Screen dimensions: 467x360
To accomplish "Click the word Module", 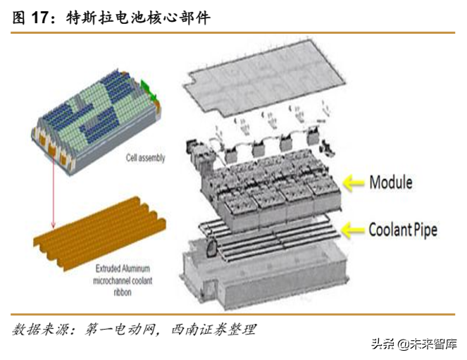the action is click(391, 182).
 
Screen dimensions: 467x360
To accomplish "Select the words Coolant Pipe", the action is click(403, 230).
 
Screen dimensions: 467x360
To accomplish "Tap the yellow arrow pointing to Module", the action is click(354, 183).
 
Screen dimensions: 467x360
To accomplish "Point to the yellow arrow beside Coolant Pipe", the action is click(353, 230).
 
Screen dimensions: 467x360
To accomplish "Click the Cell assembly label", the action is click(145, 158).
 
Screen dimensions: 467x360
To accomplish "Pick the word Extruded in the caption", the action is click(108, 268).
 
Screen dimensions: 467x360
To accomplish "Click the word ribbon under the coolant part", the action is click(123, 292).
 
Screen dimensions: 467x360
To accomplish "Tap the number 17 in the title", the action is click(40, 18).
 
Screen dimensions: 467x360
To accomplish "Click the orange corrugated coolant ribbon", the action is click(100, 234).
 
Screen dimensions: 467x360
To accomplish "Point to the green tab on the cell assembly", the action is click(149, 91).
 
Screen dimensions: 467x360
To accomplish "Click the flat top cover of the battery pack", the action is click(264, 78).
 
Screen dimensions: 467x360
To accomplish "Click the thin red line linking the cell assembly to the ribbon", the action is click(54, 192).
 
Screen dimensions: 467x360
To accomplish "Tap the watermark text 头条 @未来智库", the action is click(414, 344).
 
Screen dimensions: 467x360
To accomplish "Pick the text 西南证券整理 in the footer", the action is click(213, 330).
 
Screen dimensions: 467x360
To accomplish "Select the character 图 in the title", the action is click(19, 18).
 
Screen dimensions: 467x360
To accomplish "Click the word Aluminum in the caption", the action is click(136, 268).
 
